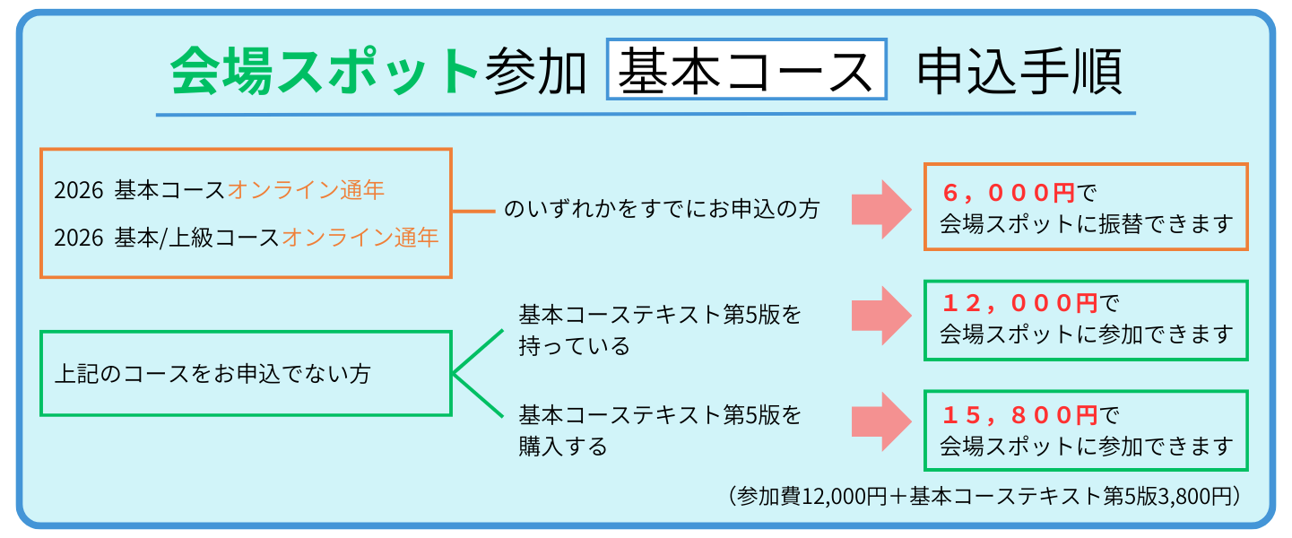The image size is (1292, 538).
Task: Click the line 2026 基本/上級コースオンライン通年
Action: click(246, 238)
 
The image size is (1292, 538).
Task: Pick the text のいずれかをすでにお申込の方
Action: click(662, 210)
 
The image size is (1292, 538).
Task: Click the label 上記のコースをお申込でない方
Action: click(212, 373)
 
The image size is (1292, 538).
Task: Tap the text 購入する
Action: click(563, 446)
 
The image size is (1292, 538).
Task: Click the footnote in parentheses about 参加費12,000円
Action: click(983, 496)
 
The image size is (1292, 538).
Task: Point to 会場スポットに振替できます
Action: click(1086, 223)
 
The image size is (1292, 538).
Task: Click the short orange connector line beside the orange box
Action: click(473, 212)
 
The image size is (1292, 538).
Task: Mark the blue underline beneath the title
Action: click(646, 114)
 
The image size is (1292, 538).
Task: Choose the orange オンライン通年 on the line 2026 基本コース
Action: click(306, 190)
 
